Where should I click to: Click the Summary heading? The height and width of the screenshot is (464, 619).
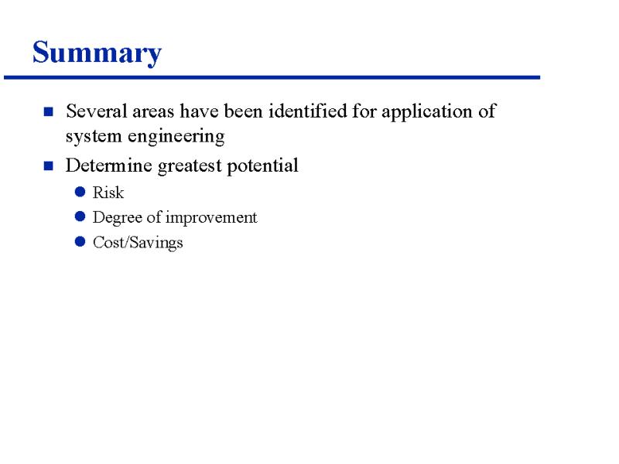coord(97,53)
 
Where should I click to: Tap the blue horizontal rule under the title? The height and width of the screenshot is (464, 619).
coord(272,78)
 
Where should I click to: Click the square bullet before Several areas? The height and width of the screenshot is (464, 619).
coord(49,111)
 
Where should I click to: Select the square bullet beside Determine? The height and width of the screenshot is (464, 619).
coord(49,165)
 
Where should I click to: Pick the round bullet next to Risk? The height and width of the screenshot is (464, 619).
coord(80,192)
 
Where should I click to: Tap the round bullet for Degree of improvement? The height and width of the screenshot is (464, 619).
coord(80,217)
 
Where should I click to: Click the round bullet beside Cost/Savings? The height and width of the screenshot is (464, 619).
coord(80,241)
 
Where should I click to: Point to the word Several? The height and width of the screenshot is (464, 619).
coord(96,111)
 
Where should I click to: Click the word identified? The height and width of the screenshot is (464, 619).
coord(308,111)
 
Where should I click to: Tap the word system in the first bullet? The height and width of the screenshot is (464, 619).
coord(94,137)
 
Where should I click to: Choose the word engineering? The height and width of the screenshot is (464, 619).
coord(176,138)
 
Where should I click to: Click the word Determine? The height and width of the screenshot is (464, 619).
coord(109,165)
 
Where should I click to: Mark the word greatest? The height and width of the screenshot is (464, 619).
coord(190,166)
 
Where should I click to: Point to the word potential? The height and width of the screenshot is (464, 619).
coord(262,166)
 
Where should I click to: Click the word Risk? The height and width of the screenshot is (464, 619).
coord(108,193)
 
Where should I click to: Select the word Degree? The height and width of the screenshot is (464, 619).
coord(118,218)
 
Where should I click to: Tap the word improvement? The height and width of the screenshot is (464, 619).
coord(211,218)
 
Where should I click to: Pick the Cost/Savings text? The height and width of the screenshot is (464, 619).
coord(138,243)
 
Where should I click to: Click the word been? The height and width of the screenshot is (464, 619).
coord(244,111)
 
